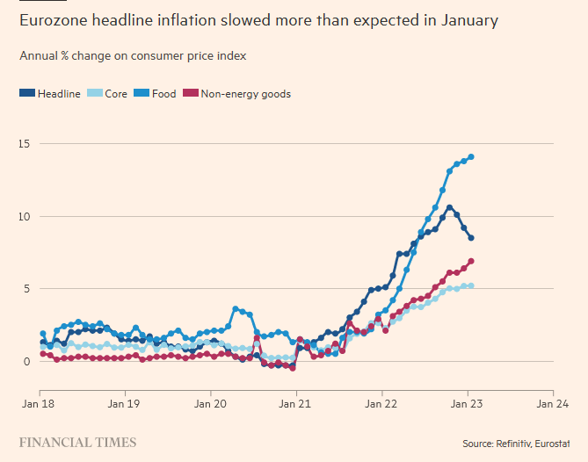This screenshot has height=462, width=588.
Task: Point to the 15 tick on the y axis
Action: point(26,143)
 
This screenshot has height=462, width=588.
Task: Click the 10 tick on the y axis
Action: point(26,216)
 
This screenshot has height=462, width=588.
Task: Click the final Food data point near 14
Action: point(471,157)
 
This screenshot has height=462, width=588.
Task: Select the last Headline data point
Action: point(471,238)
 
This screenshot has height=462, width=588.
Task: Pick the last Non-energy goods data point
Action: point(471,261)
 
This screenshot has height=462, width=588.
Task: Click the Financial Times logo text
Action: point(77,442)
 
